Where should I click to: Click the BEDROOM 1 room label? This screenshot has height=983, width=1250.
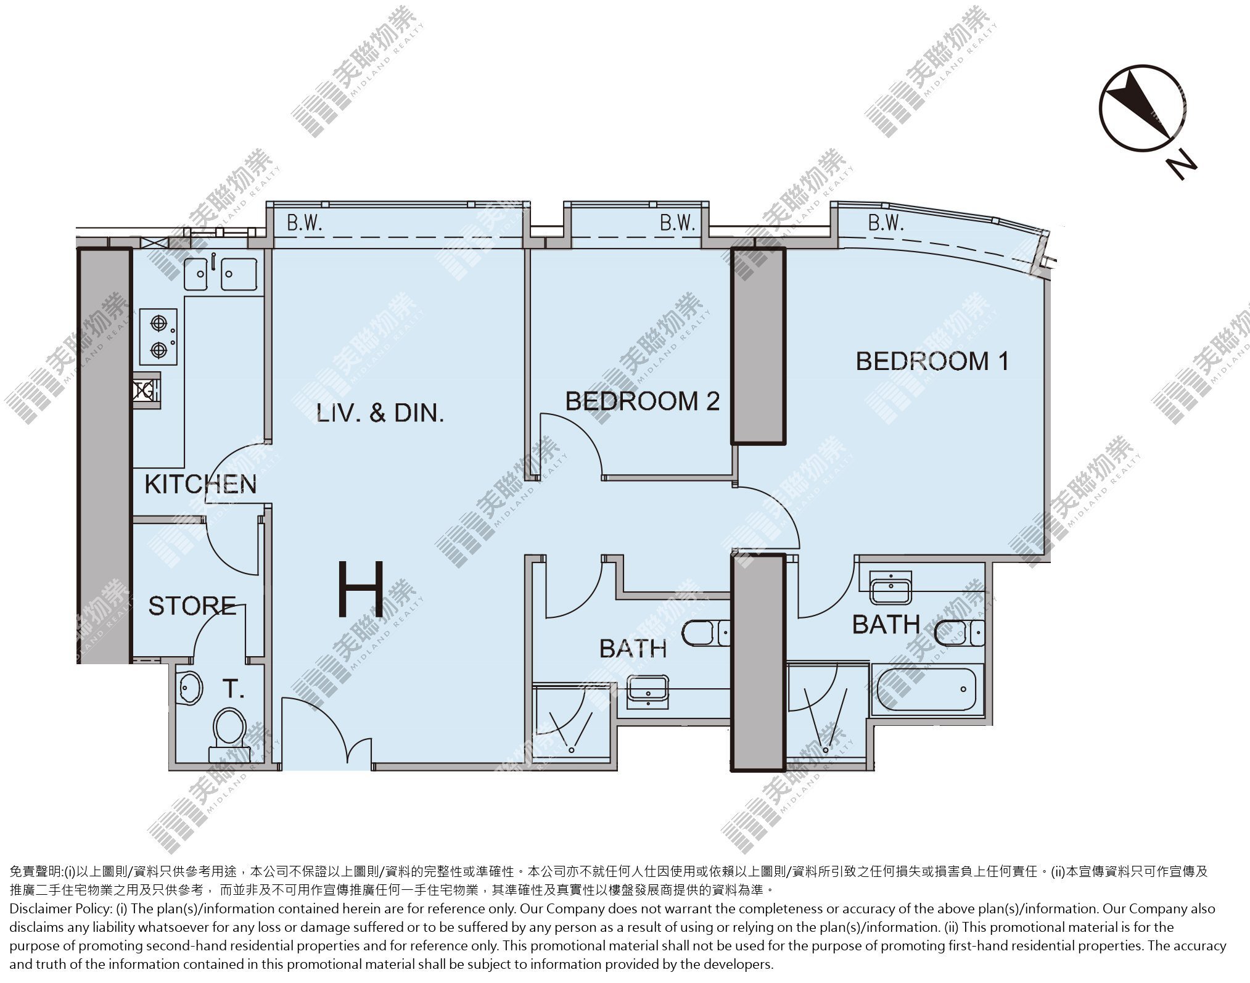coord(932,361)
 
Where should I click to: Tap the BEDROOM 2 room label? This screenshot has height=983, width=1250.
coord(642,401)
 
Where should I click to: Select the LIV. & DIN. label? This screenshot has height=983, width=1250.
coord(380,413)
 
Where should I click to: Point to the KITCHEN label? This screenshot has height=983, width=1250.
coord(200,484)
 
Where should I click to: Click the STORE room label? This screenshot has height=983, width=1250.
coord(192,606)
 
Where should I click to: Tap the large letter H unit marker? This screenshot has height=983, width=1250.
coord(362,589)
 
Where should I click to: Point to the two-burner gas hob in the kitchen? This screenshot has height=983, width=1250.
coord(158,336)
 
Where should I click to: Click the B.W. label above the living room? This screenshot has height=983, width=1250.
coord(305,223)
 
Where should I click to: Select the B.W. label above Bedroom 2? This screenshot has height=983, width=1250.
coord(677,223)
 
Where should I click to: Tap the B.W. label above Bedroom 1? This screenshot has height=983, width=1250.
coord(886,223)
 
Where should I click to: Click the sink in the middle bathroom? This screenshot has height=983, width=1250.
coord(648,690)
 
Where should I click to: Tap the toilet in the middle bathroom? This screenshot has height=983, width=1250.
coord(707,633)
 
